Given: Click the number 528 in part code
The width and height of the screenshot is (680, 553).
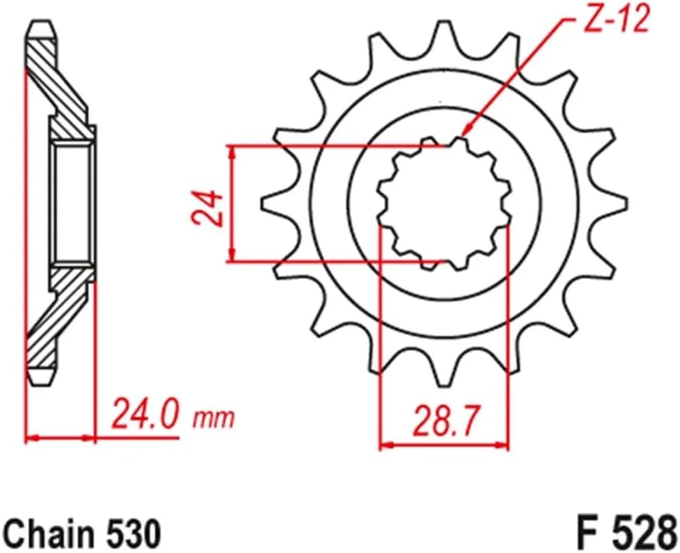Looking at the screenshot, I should tap(639, 533).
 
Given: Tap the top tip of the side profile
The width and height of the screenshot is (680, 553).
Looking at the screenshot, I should tap(39, 28).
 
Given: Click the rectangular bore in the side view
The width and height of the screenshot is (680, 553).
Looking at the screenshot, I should tap(72, 203).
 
